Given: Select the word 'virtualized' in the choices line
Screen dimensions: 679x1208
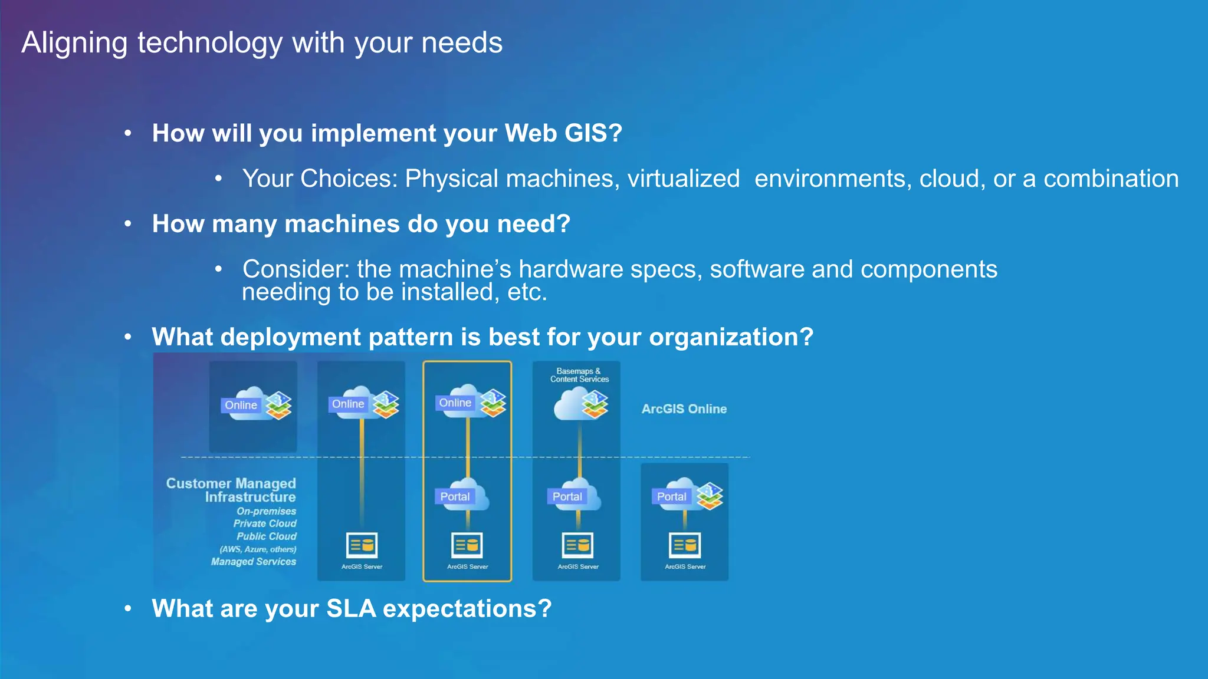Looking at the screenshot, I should (x=683, y=179).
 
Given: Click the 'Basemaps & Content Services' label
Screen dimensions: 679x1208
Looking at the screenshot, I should (x=579, y=375).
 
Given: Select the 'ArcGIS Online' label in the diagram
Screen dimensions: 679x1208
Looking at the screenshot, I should (x=684, y=409).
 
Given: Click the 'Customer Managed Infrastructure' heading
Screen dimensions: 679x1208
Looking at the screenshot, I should (x=231, y=490).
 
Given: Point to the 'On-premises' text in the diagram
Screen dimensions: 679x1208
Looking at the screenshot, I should (x=266, y=512).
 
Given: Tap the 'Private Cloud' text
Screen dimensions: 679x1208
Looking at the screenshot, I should (x=264, y=524).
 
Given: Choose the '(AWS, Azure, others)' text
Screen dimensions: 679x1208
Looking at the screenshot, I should (x=258, y=549).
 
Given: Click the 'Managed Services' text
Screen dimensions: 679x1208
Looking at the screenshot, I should (x=254, y=562).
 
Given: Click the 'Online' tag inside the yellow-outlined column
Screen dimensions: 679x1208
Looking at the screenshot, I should (x=455, y=403).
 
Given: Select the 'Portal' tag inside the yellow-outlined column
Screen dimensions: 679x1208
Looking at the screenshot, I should (x=455, y=497).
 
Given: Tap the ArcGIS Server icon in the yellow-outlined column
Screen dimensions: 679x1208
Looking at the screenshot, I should (x=467, y=545).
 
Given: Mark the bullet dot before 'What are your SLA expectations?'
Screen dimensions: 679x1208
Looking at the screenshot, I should (x=128, y=609).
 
